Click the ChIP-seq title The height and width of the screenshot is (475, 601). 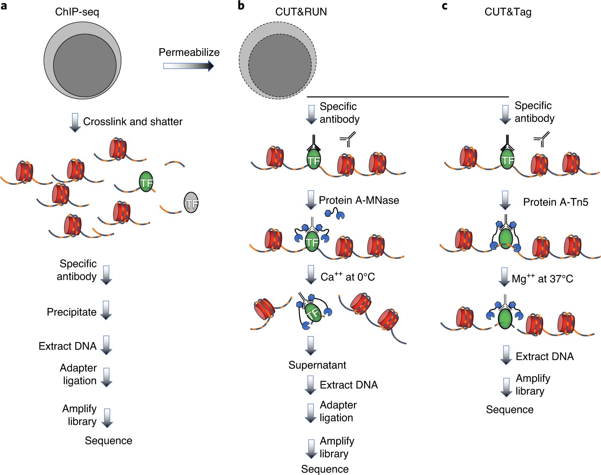click(77, 12)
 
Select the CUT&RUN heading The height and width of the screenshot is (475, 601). click(301, 12)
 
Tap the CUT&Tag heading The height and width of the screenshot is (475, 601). click(508, 12)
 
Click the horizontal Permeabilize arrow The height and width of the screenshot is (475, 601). click(188, 66)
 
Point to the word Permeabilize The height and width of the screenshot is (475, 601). click(189, 52)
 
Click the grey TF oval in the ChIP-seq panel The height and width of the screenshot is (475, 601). click(191, 203)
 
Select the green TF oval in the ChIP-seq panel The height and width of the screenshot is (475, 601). click(146, 182)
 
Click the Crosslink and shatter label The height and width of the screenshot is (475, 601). click(133, 121)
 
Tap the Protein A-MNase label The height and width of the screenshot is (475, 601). click(359, 200)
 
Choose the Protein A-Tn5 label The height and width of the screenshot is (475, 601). click(556, 202)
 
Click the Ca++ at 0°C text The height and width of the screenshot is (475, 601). click(347, 277)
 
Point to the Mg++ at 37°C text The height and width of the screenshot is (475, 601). click(542, 279)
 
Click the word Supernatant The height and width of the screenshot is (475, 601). click(317, 365)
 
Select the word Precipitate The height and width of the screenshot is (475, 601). click(72, 312)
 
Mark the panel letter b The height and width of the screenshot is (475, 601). click(241, 6)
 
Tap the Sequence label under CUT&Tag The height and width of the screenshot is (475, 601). click(509, 410)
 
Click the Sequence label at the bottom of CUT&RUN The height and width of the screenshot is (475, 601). click(325, 469)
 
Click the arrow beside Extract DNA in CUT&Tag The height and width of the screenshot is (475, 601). click(506, 355)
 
